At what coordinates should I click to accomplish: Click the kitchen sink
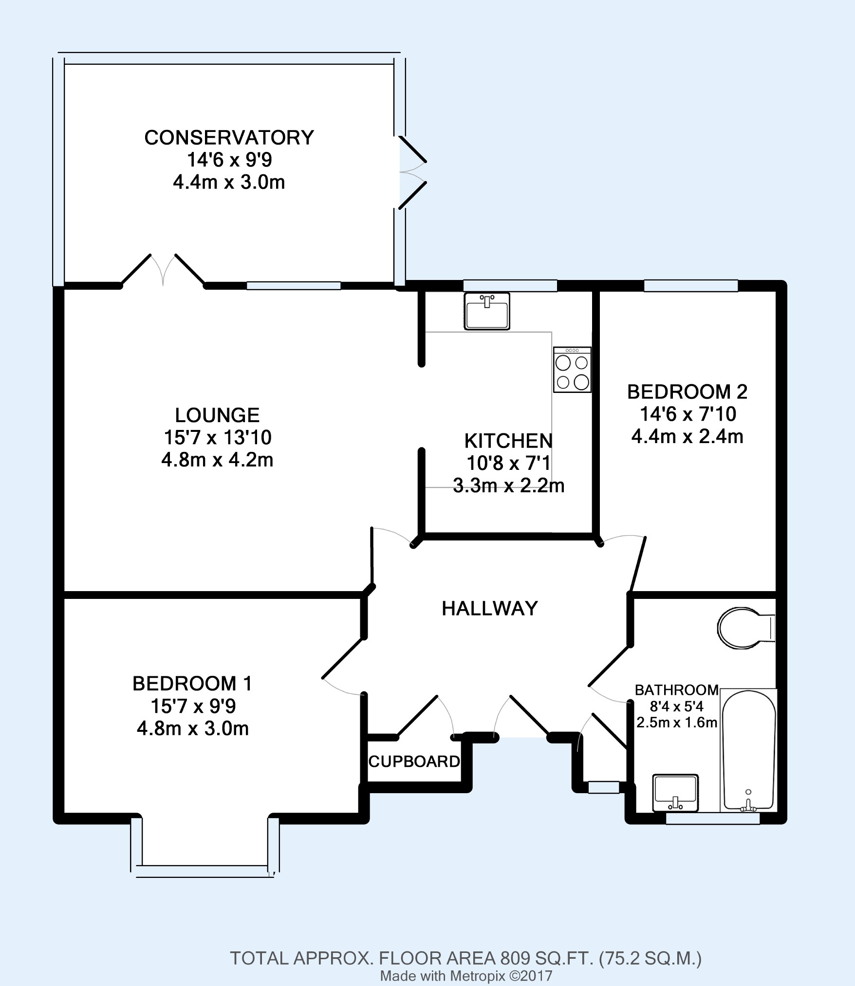[x=486, y=311]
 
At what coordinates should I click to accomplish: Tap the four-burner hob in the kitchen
[x=572, y=370]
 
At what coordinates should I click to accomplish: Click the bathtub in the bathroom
[x=748, y=750]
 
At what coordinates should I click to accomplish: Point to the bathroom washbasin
[x=676, y=793]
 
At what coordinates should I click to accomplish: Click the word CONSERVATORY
[x=229, y=138]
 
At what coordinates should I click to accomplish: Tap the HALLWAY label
[x=489, y=609]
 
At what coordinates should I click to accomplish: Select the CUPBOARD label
[x=414, y=762]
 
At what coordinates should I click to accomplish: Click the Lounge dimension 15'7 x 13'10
[x=217, y=438]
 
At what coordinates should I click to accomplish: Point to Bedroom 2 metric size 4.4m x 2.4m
[x=687, y=437]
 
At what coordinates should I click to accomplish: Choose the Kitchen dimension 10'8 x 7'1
[x=508, y=463]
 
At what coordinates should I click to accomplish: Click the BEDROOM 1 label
[x=192, y=684]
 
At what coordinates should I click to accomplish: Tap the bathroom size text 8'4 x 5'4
[x=676, y=706]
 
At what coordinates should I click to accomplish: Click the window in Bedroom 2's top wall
[x=690, y=286]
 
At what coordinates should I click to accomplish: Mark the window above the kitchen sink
[x=510, y=286]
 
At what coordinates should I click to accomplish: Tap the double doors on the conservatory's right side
[x=412, y=172]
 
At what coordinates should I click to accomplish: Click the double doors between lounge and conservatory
[x=163, y=269]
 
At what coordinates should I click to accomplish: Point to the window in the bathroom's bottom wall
[x=712, y=819]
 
